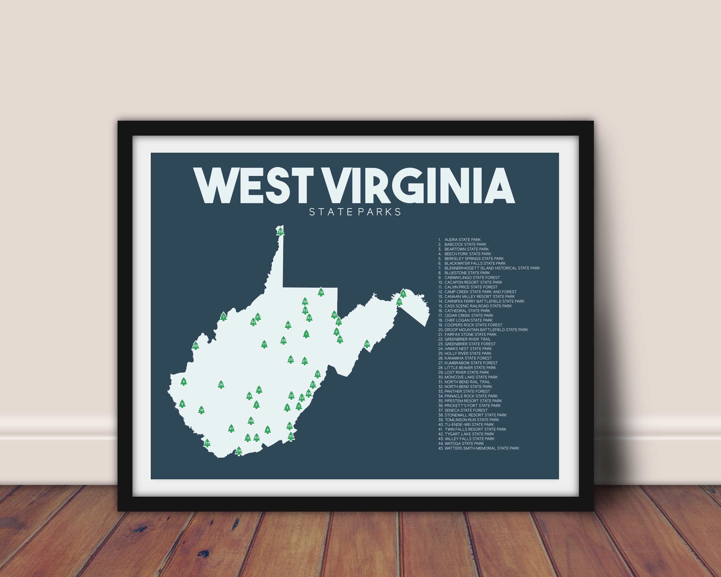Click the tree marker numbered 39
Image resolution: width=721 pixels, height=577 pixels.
(x=280, y=231)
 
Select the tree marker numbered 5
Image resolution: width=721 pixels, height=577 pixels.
(x=403, y=294)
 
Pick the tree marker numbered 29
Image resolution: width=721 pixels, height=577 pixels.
(x=367, y=344)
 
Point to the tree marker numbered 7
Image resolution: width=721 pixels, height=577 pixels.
(x=223, y=317)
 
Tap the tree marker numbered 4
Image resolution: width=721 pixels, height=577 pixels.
(x=183, y=381)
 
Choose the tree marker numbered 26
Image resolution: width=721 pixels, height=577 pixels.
(x=221, y=385)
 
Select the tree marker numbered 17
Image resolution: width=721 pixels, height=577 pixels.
(x=264, y=344)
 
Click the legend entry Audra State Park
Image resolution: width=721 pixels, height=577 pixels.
(x=462, y=239)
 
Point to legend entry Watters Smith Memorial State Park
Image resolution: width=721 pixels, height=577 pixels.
(x=482, y=448)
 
